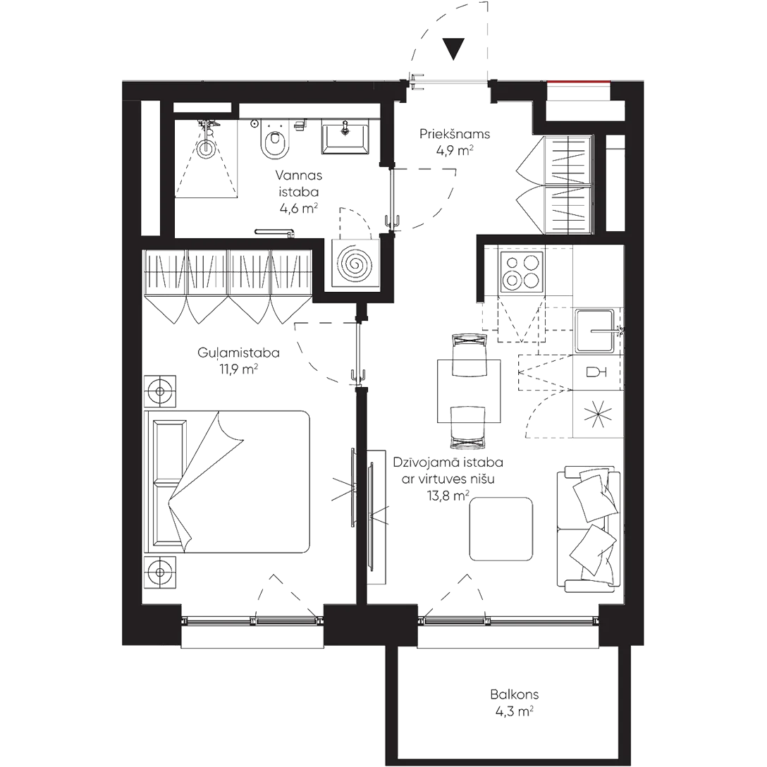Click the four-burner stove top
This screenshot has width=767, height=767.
tap(521, 271)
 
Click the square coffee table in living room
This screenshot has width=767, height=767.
tap(502, 529)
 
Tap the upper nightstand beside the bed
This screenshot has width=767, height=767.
tap(161, 389)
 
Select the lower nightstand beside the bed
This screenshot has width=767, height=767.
tap(161, 572)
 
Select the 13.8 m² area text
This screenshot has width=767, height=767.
tap(447, 496)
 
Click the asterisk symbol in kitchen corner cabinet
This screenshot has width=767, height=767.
tap(597, 415)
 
